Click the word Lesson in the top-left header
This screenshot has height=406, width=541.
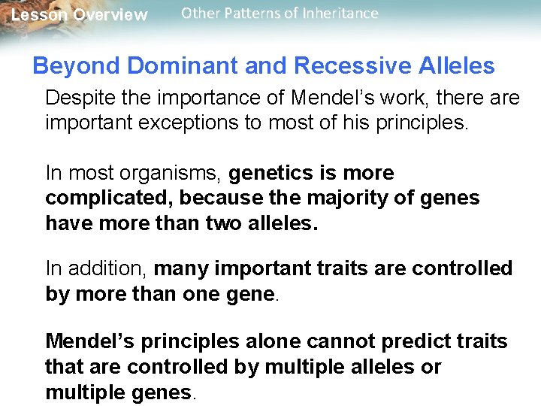tap(36, 15)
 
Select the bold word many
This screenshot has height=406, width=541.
tap(179, 268)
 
